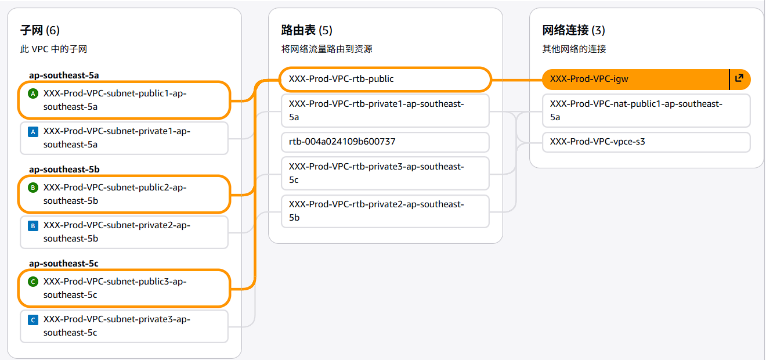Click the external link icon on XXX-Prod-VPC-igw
739,78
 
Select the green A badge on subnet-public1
33,93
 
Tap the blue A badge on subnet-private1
33,131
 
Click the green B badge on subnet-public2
33,188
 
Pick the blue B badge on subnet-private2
33,225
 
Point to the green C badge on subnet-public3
33,282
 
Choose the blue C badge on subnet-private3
33,319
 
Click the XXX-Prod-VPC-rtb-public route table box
385,79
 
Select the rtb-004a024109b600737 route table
385,142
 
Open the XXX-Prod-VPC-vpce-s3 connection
646,142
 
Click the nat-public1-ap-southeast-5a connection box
646,110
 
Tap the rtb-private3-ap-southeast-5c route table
385,173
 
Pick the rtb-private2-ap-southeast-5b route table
385,211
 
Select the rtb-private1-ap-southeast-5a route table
385,110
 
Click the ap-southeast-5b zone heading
64,170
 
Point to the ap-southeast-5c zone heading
64,264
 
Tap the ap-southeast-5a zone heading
64,75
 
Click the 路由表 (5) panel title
307,30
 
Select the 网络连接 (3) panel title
573,30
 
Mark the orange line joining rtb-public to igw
516,80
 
